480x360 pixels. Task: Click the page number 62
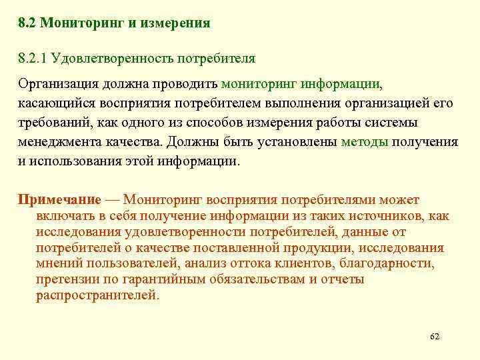coord(435,336)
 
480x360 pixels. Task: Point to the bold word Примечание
coord(59,199)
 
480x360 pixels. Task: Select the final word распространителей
coord(97,295)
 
